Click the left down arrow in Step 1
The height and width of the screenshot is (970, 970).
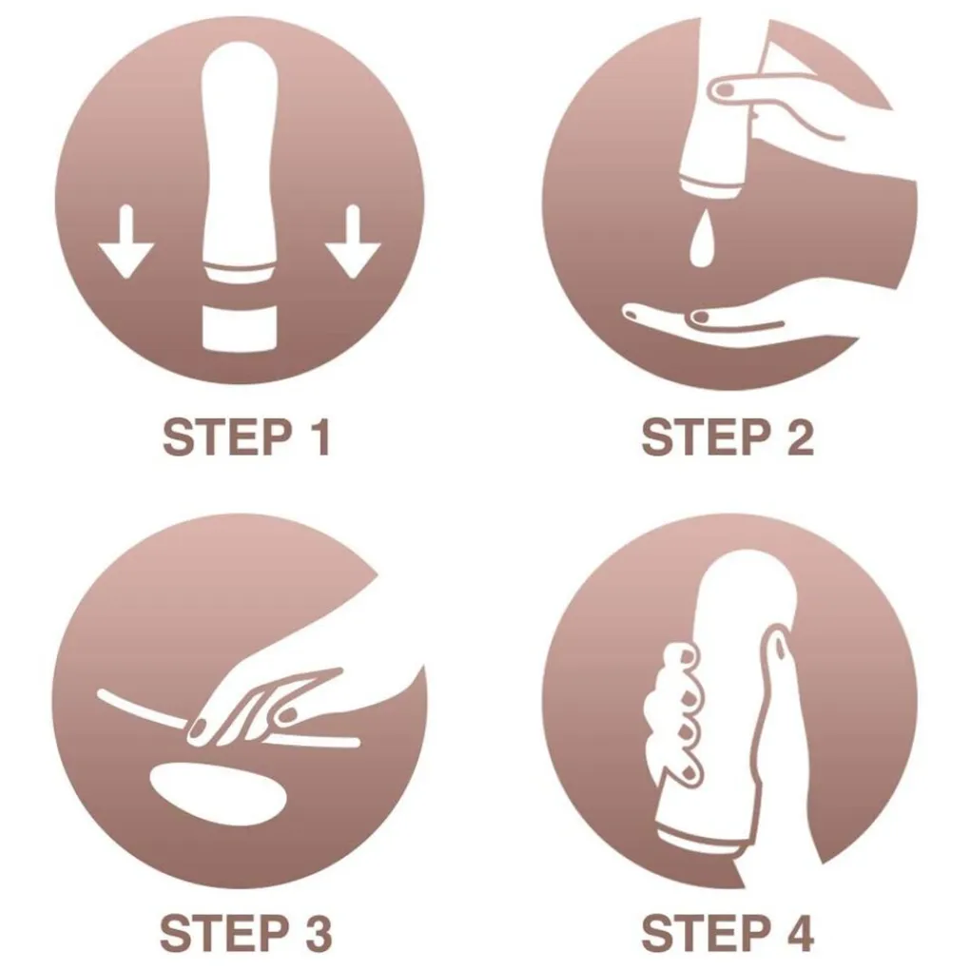[126, 242]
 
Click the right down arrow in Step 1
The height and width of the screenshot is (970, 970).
[353, 242]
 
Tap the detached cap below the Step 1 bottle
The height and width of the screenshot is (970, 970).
[239, 328]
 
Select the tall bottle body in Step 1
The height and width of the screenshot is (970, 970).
[240, 161]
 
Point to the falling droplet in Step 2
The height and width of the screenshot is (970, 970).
[701, 240]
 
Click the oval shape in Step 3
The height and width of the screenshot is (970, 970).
[218, 794]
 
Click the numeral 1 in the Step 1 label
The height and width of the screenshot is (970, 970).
[320, 437]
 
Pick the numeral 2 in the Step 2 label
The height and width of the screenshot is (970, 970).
[800, 437]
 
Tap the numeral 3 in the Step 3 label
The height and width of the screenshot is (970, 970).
[319, 934]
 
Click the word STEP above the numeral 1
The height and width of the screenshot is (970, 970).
[227, 437]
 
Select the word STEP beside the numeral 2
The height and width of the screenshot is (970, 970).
[706, 437]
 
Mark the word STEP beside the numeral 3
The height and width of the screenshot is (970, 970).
[224, 934]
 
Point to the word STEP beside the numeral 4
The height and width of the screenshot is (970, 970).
[706, 934]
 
